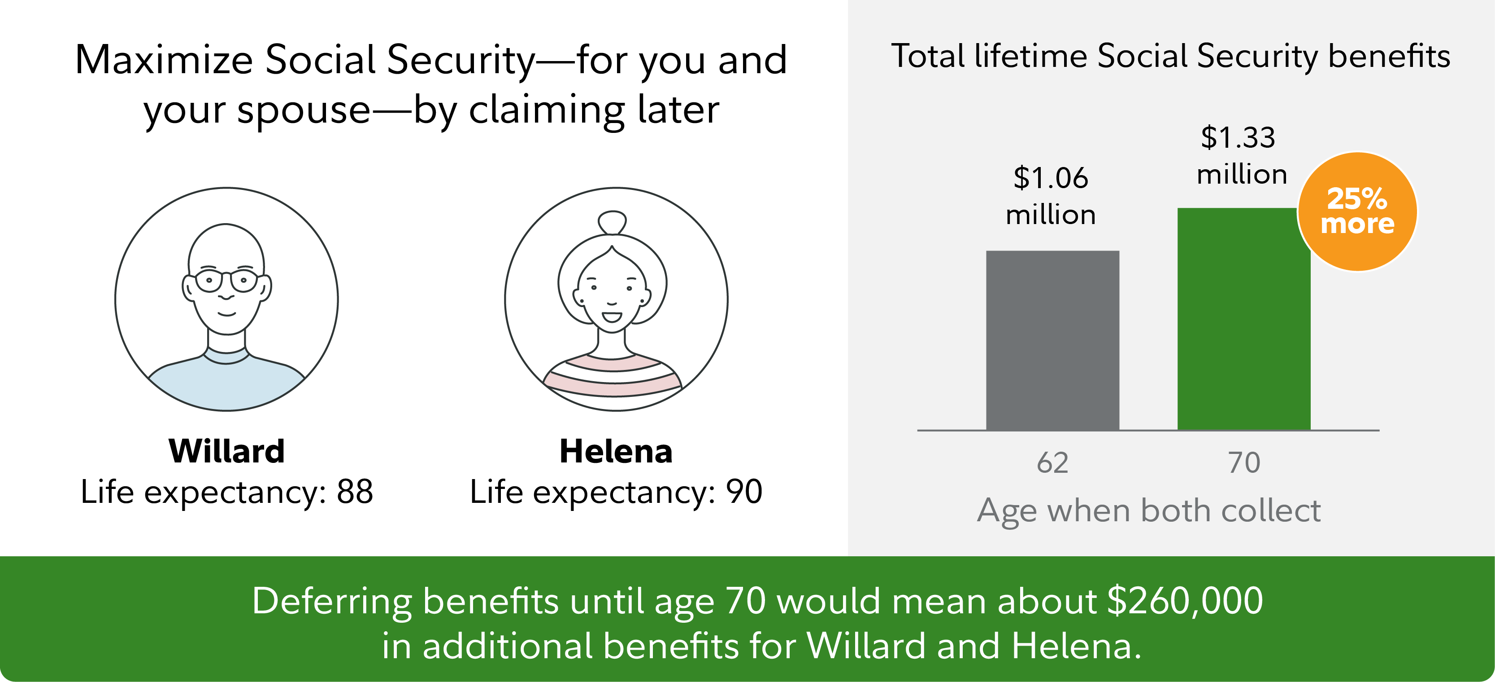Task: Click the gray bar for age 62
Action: [x=1052, y=340]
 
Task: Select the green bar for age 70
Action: [x=1244, y=319]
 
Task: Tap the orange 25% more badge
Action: [x=1357, y=211]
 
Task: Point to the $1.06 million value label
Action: [x=1051, y=196]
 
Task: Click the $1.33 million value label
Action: [x=1241, y=155]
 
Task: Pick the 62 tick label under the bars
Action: [x=1052, y=463]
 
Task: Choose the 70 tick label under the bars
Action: [x=1244, y=463]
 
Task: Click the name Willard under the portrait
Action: [x=226, y=451]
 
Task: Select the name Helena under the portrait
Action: [x=616, y=451]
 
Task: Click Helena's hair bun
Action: [x=612, y=223]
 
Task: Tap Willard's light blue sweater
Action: [x=226, y=383]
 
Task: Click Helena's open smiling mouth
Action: [x=612, y=317]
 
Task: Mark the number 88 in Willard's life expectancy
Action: [x=355, y=492]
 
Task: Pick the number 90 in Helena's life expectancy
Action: [x=744, y=492]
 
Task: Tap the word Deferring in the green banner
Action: [x=331, y=602]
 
